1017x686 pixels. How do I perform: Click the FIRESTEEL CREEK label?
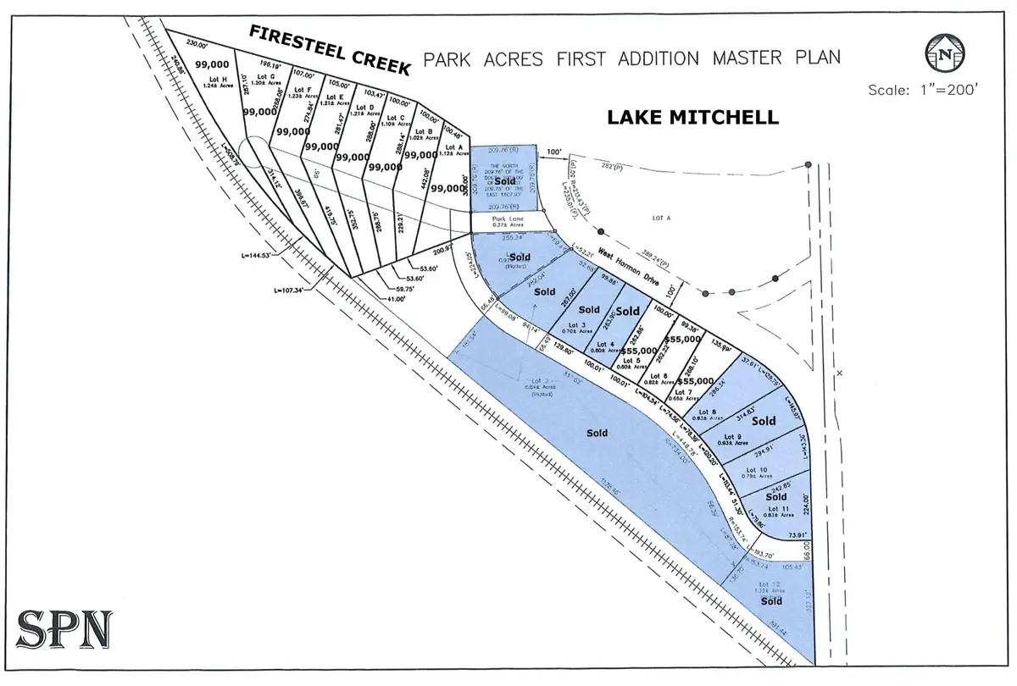click(x=329, y=49)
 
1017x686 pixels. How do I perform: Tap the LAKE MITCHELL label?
click(x=692, y=118)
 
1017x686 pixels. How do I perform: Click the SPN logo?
click(x=64, y=628)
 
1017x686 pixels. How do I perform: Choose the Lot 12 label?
click(x=770, y=584)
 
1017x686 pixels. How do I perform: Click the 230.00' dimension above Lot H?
click(x=197, y=44)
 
